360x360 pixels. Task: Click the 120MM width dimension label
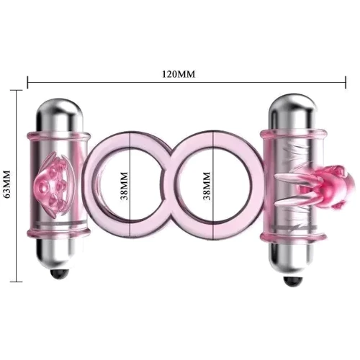(x=179, y=74)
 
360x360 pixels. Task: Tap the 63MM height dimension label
(x=8, y=184)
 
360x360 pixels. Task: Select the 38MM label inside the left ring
(x=124, y=186)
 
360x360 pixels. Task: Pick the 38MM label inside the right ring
(x=207, y=186)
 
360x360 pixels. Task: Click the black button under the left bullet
(x=59, y=274)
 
